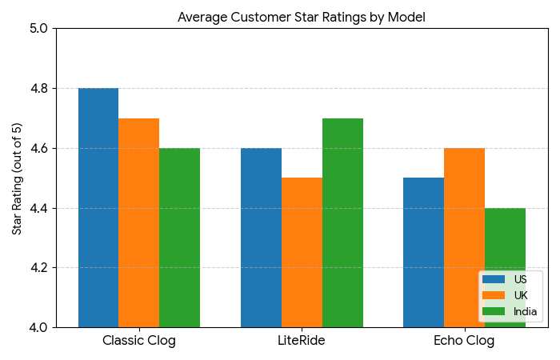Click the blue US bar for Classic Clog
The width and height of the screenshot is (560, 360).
click(98, 208)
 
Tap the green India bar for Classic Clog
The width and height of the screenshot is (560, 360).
click(179, 238)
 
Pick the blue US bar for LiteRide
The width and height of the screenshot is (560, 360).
click(261, 238)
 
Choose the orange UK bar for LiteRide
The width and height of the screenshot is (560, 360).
click(302, 252)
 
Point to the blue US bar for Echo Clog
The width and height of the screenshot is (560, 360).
click(423, 252)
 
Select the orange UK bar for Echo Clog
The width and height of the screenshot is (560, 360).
click(464, 238)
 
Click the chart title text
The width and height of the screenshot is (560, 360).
click(302, 17)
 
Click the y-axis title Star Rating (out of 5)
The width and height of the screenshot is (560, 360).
click(17, 178)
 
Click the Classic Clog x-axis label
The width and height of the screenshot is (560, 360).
click(139, 341)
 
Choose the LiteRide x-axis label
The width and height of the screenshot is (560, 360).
click(302, 341)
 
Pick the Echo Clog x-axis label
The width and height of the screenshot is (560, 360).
click(464, 341)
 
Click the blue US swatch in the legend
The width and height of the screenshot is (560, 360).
click(494, 280)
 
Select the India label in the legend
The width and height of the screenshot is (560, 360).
click(526, 310)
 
